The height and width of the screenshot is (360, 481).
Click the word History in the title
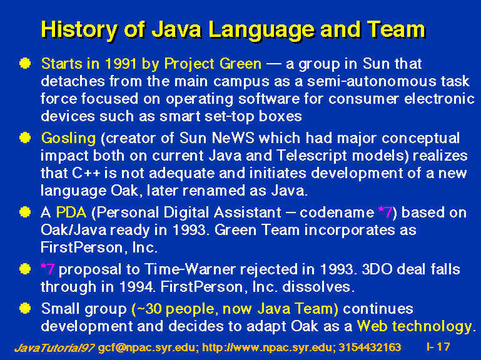[79, 30]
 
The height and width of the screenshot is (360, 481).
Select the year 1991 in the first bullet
[121, 64]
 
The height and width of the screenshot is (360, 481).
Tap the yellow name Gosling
[68, 139]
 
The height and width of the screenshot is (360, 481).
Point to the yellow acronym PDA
[71, 212]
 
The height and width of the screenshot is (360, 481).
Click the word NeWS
[233, 138]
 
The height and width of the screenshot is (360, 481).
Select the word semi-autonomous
[372, 82]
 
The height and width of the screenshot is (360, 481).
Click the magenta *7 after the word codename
[385, 212]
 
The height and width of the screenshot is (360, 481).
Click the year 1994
[136, 287]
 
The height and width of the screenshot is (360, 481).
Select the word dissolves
[318, 287]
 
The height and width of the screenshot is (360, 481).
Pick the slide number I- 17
[438, 347]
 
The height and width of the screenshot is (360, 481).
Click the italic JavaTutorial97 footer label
[54, 347]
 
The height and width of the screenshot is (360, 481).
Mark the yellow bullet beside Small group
[25, 308]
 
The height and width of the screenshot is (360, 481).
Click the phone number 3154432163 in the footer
[370, 347]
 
